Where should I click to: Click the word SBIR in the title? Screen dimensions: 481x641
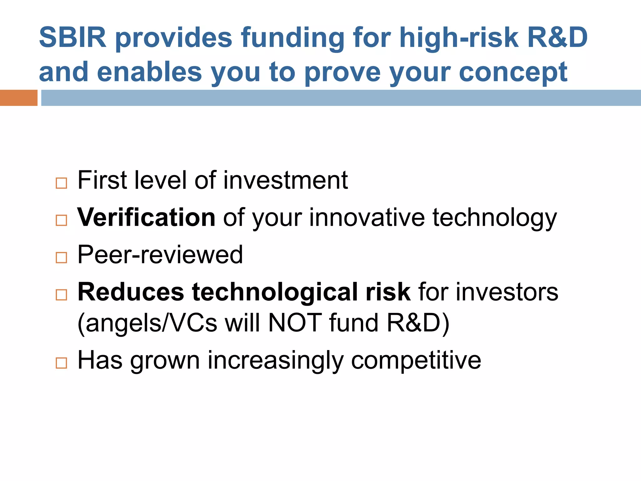click(73, 38)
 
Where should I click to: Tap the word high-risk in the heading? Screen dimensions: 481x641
click(459, 38)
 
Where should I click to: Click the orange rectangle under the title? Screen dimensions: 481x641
click(18, 98)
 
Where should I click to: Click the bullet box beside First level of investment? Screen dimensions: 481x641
click(61, 183)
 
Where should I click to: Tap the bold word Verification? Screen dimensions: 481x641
click(146, 217)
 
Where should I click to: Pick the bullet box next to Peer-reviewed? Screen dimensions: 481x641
click(61, 257)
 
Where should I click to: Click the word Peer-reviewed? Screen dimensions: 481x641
click(160, 255)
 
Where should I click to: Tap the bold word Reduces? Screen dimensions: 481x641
click(131, 292)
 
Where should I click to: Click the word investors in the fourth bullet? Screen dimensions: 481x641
click(507, 292)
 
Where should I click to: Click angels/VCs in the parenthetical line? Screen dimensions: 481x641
click(147, 323)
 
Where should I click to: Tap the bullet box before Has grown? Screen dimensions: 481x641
click(61, 363)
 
